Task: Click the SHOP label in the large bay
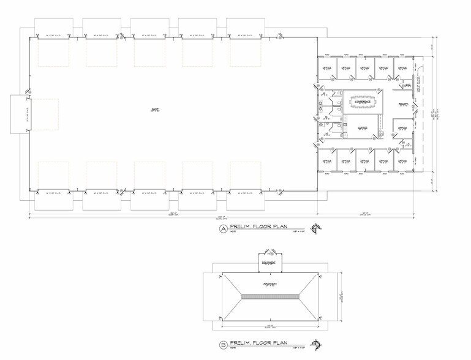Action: coord(154,110)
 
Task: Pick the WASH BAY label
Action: coord(270,285)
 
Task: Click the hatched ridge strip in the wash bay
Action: coord(270,296)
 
